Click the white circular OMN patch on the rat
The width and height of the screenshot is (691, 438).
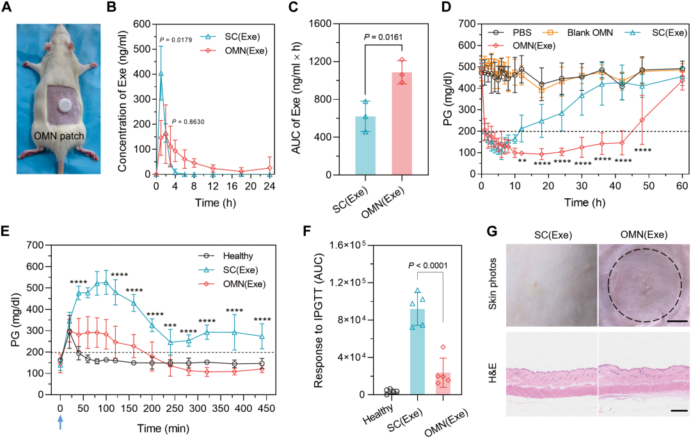[64, 104]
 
